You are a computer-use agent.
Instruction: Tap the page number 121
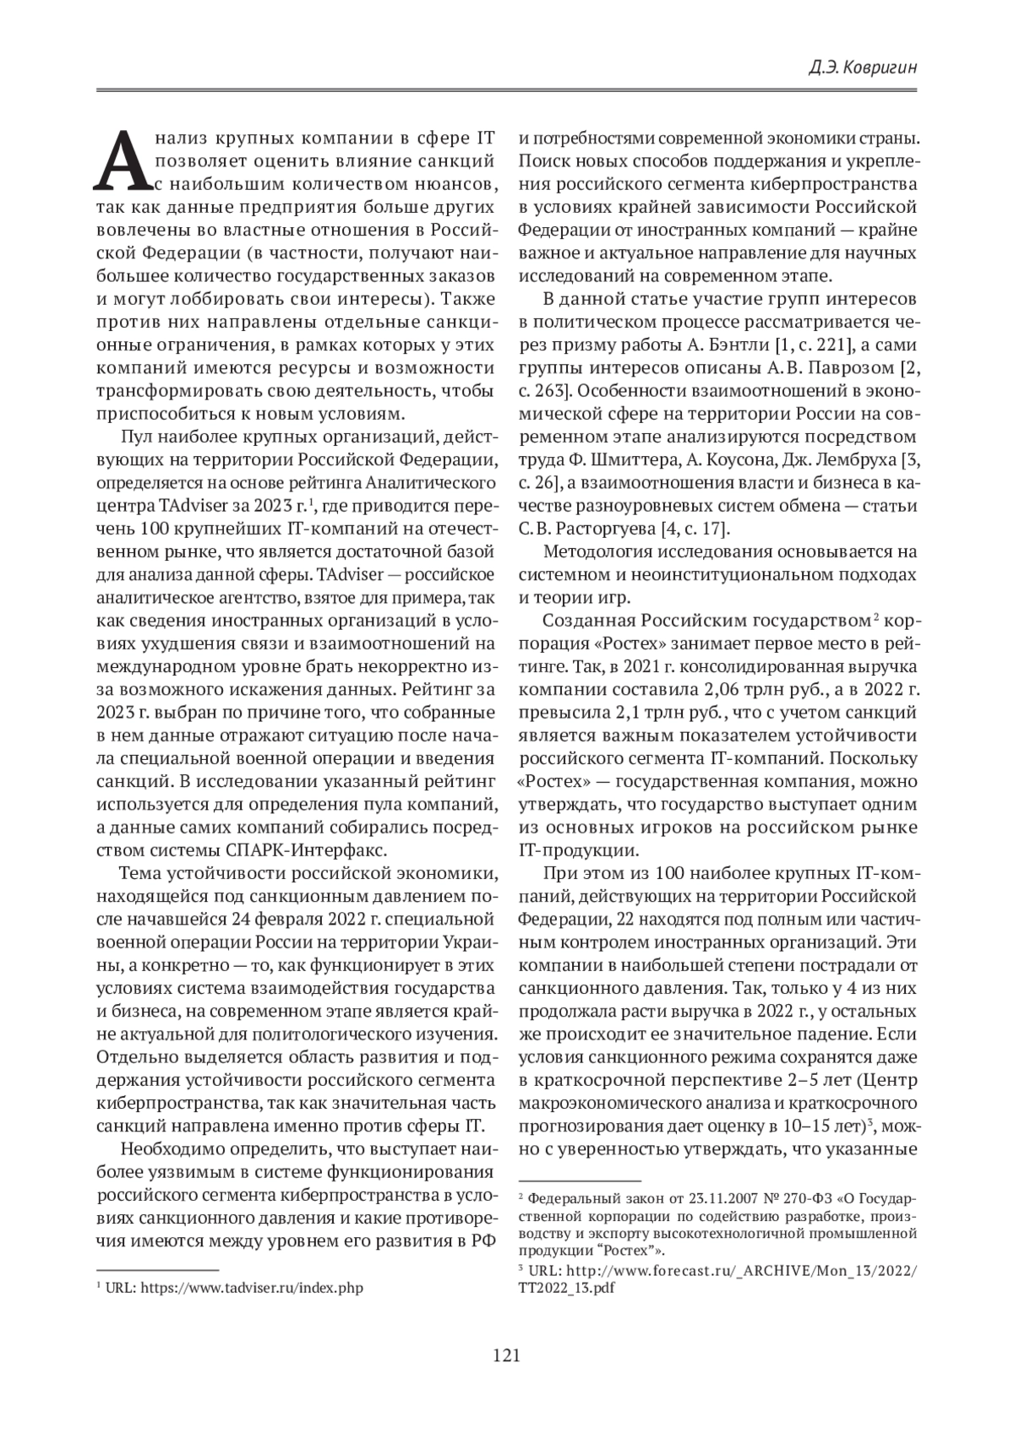pos(505,1356)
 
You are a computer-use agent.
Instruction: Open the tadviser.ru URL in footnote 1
pos(251,1289)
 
